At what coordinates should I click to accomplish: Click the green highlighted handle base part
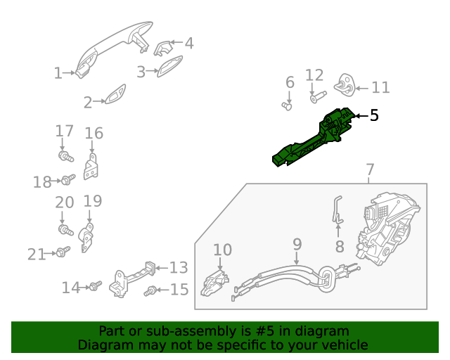pos(313,139)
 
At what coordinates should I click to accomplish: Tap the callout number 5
pos(374,115)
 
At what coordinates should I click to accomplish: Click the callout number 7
pos(370,170)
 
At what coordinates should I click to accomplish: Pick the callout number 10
pos(222,250)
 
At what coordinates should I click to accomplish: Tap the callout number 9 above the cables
pos(297,244)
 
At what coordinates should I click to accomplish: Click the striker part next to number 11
pos(345,85)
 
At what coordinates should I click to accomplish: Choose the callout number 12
pos(314,75)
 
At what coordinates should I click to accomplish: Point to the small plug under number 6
pos(287,106)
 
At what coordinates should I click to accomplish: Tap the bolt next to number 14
pos(95,286)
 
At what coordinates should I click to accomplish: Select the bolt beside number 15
pos(150,290)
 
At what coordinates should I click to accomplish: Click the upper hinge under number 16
pos(91,169)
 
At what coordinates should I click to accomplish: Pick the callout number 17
pos(64,131)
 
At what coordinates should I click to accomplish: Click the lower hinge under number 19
pos(88,237)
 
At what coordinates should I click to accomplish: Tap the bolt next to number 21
pos(62,251)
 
